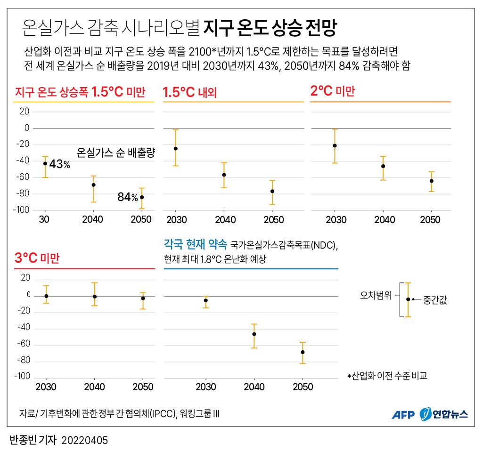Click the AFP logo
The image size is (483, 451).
[x=403, y=414]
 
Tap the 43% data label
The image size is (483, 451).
[x=59, y=164]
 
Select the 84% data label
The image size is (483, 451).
[x=128, y=197]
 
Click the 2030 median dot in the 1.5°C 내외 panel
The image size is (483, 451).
[x=176, y=148]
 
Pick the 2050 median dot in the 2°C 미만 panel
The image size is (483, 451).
[x=431, y=181]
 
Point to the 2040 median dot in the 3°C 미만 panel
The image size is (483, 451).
[x=95, y=297]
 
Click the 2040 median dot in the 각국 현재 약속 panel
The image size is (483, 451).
[x=254, y=334]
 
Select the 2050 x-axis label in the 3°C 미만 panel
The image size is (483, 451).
[x=143, y=387]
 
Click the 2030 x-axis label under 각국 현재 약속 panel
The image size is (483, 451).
[x=205, y=387]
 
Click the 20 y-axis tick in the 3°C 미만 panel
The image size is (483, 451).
[x=25, y=278]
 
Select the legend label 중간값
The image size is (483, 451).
[x=435, y=299]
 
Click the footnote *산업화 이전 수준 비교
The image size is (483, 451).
[x=387, y=376]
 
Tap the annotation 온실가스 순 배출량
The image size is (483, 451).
[x=116, y=153]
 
